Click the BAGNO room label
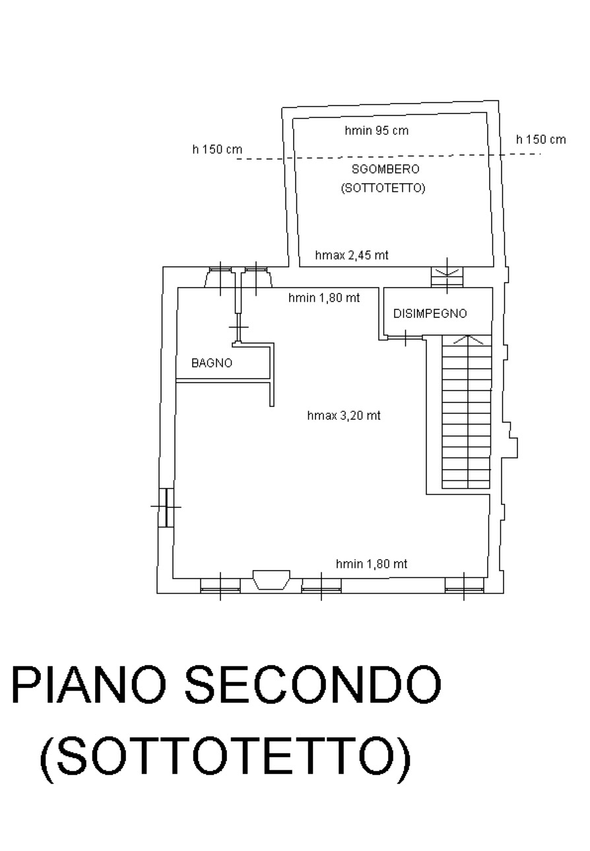click(212, 363)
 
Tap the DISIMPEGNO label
click(430, 313)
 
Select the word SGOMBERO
click(385, 169)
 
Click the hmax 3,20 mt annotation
click(344, 416)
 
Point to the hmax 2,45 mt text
click(352, 255)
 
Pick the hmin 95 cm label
click(376, 131)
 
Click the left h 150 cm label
click(217, 149)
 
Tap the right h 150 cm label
click(541, 139)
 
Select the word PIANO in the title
click(89, 684)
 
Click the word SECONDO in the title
click(313, 684)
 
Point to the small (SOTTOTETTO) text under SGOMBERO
click(383, 187)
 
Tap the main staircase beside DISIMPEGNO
click(466, 412)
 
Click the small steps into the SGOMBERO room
click(447, 277)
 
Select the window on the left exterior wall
click(166, 507)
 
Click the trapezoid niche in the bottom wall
click(271, 580)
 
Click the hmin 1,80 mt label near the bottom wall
click(372, 564)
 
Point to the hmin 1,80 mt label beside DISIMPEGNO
click(324, 298)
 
